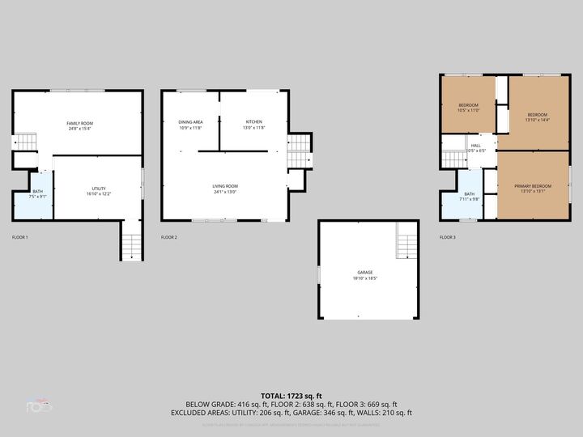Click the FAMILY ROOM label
(x=79, y=122)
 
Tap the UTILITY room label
(x=100, y=188)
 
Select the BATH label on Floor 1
(x=37, y=191)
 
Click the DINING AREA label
(x=190, y=122)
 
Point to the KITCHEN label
(x=253, y=122)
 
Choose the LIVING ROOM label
(x=225, y=186)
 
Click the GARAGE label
(x=364, y=272)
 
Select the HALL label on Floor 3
(x=475, y=146)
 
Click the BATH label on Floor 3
(x=469, y=193)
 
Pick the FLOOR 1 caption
(x=20, y=237)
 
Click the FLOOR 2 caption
(x=169, y=237)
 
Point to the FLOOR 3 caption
(x=448, y=237)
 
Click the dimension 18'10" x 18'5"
(x=365, y=278)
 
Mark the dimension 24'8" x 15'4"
(x=79, y=128)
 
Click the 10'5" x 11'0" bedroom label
(x=468, y=111)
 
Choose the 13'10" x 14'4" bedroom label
(x=538, y=120)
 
